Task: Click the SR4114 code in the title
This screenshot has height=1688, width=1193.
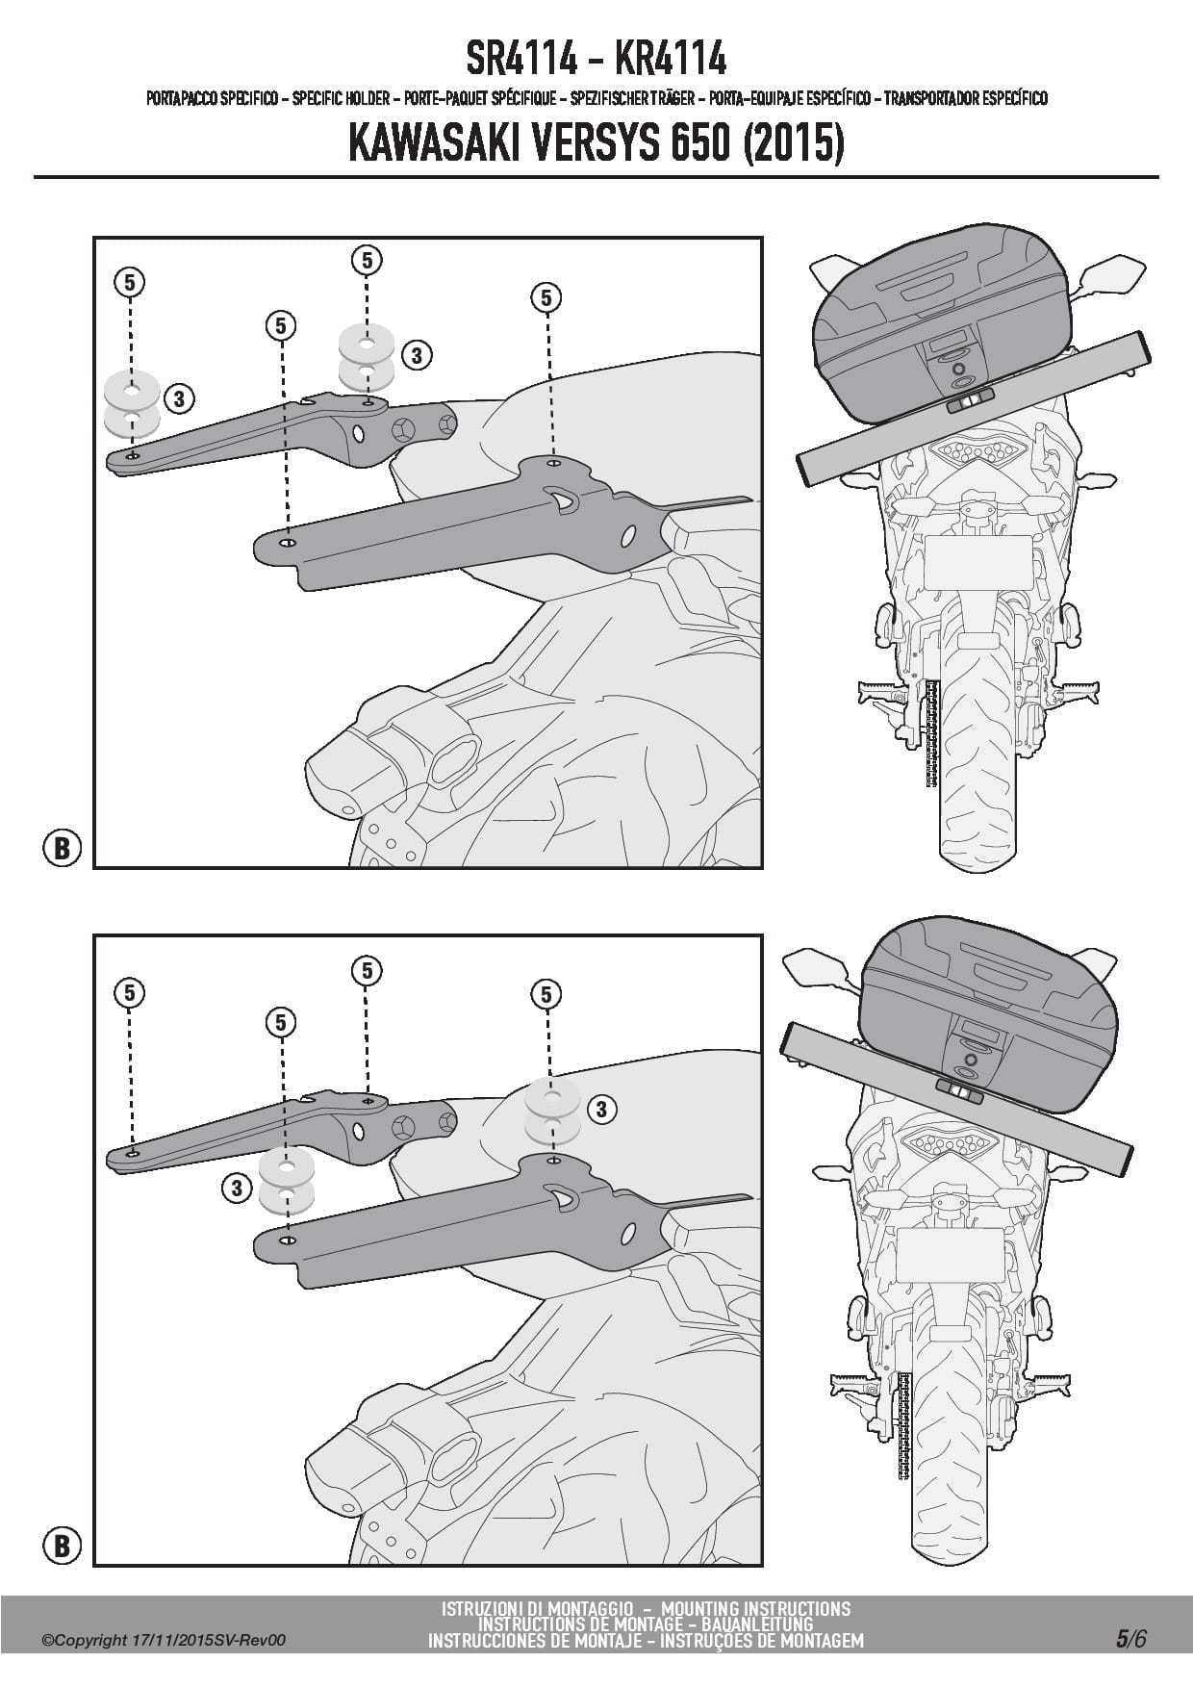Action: pyautogui.click(x=522, y=60)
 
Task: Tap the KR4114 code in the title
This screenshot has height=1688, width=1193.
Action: pyautogui.click(x=670, y=60)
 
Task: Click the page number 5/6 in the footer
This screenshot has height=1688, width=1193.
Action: pyautogui.click(x=1131, y=1639)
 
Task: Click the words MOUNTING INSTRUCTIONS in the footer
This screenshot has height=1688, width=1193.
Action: pyautogui.click(x=755, y=1608)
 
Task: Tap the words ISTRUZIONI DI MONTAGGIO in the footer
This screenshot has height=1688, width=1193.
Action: pyautogui.click(x=537, y=1608)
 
